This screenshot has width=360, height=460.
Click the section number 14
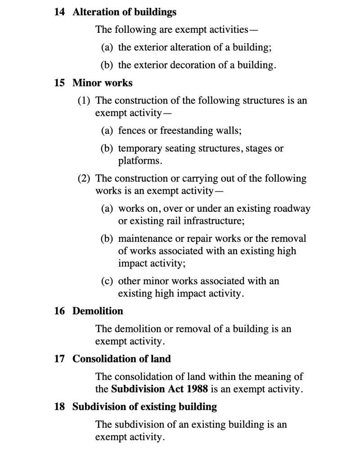click(59, 13)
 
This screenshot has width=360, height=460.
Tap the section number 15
click(59, 83)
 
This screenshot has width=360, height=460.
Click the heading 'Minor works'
click(103, 83)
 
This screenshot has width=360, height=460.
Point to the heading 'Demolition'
click(98, 311)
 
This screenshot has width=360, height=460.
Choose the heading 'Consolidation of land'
click(121, 359)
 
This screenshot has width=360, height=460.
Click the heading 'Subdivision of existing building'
click(144, 407)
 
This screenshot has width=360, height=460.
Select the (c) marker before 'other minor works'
click(107, 281)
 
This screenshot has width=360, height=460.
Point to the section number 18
click(59, 407)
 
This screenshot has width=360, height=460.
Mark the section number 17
click(59, 359)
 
